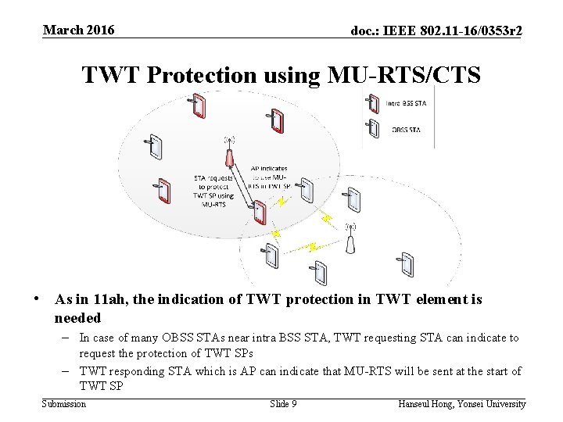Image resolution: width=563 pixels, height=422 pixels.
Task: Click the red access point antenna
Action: [x=230, y=154]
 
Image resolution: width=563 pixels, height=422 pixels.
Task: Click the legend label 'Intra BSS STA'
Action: [x=407, y=102]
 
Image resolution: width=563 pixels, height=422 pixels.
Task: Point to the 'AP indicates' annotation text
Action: [x=269, y=168]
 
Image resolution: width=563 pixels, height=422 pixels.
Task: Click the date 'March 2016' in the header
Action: [x=78, y=30]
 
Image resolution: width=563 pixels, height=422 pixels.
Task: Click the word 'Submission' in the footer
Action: [x=63, y=404]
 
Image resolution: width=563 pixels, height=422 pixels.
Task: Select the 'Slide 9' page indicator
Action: [x=282, y=404]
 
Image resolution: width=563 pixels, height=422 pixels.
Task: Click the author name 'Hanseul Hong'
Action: [x=428, y=404]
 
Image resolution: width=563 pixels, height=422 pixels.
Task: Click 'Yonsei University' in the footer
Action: [x=494, y=404]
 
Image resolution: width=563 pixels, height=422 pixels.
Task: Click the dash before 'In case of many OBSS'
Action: [x=70, y=338]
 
